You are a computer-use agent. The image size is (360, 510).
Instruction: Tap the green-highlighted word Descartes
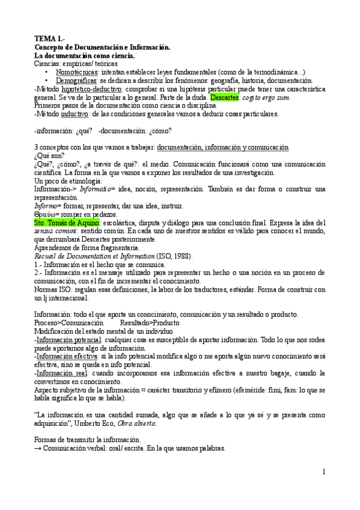(224, 97)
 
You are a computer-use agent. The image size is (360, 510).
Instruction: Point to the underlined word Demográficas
(80, 81)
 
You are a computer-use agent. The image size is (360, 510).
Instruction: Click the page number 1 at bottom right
(323, 472)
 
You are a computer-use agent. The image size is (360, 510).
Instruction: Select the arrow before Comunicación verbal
(38, 449)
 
